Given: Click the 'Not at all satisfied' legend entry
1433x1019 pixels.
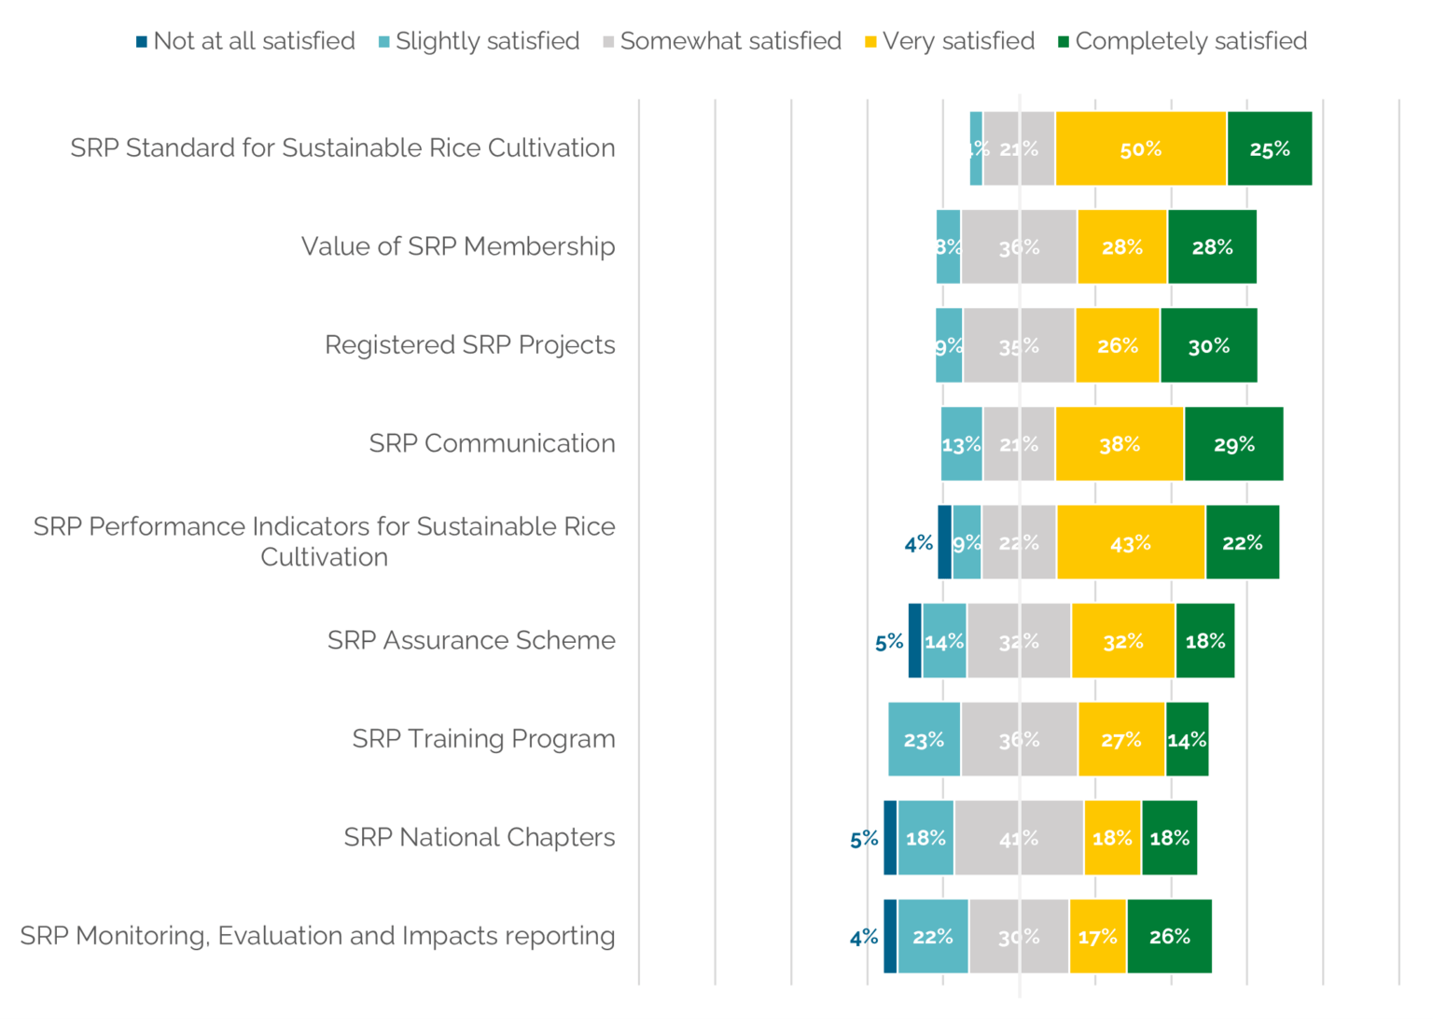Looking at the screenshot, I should coord(245,41).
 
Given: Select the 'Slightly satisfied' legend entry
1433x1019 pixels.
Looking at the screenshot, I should coord(479,41).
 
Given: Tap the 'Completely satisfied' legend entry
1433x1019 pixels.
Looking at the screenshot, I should coord(1182,41).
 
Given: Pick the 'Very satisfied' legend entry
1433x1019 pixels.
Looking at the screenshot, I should coord(950,41).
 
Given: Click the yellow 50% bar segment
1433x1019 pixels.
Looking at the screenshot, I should coord(1140,149).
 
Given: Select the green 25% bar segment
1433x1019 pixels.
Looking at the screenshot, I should coord(1269,149).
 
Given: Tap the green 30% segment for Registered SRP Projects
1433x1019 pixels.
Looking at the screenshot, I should coord(1208,346).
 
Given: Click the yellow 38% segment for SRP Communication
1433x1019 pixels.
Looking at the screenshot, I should coord(1119,444).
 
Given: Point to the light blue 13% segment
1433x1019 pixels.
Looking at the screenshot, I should coord(961,444).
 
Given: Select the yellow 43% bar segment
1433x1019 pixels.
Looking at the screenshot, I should coord(1130,543).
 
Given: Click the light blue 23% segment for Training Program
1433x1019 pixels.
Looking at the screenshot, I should coord(924,740).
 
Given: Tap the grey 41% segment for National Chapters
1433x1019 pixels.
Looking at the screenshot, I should coord(1018,838).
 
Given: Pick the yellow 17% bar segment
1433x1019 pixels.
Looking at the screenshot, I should coord(1097,937).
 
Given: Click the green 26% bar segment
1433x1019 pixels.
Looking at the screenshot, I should coord(1169,937).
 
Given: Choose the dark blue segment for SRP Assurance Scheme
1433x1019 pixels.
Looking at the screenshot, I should coord(914,641).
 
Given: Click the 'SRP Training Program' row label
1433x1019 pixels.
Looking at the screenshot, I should coord(483,739).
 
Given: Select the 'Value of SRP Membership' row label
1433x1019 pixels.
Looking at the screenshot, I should coord(457,246).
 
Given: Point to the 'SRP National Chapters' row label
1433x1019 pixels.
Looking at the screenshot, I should coord(479,837).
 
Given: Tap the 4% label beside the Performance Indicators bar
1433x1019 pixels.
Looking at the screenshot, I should coord(918,543).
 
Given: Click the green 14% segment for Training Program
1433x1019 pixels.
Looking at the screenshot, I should coord(1187,740).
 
